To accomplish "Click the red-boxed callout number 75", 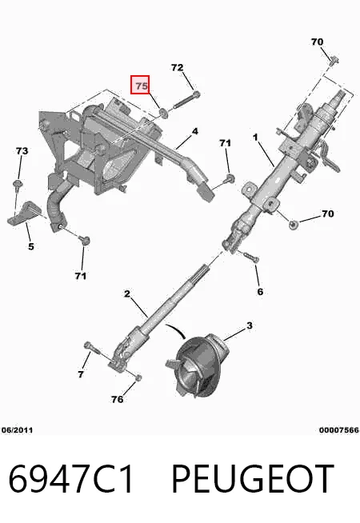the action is tap(141, 86).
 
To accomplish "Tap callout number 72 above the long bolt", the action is tap(177, 67).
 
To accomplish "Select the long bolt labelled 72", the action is tap(186, 100).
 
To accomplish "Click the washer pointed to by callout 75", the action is tap(163, 113).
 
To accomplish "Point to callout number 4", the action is tap(195, 131).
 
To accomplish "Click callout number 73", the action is tap(22, 151).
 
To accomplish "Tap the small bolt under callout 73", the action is tap(17, 185).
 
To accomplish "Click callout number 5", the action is tap(30, 246).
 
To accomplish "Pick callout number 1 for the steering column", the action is tap(255, 137).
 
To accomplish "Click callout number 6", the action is tap(260, 292).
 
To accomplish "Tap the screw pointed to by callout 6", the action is tap(251, 258).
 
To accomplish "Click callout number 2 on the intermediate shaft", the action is tap(126, 293).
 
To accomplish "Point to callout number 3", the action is tap(250, 325).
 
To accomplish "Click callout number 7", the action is tap(81, 374).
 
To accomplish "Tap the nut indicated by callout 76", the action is tap(138, 377).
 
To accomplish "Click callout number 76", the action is tap(117, 399).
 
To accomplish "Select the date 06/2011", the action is tap(17, 430).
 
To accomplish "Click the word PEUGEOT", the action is tap(253, 479).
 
